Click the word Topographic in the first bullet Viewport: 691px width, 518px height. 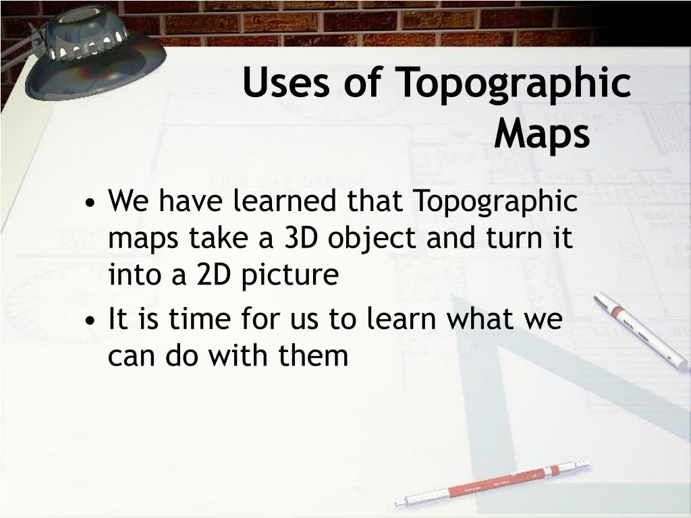tap(495, 202)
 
